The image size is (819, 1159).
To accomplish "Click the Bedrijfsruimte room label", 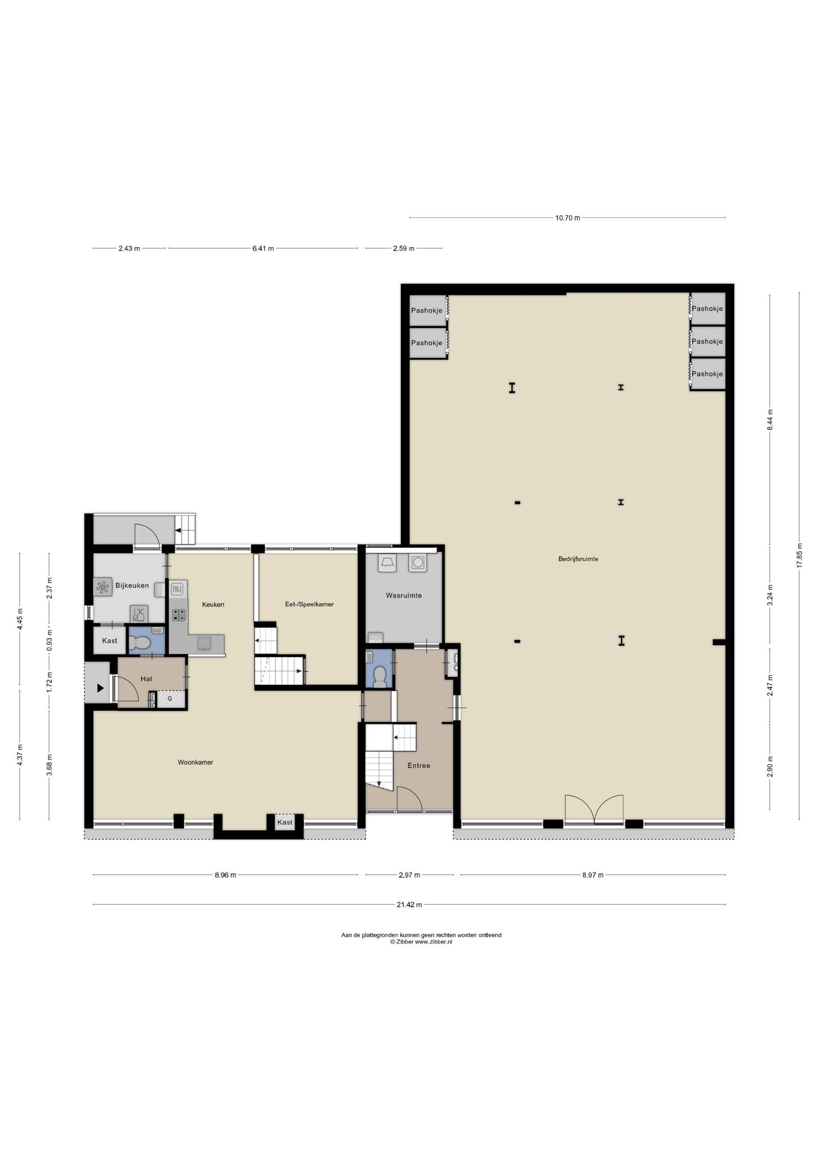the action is tap(578, 559).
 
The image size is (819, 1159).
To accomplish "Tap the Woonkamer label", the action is tap(195, 762).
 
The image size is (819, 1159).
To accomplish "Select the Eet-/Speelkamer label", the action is tap(309, 604).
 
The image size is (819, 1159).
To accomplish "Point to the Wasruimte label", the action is tap(404, 595).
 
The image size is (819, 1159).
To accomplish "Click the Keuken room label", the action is tap(213, 604).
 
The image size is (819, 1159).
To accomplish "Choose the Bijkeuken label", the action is tap(132, 586).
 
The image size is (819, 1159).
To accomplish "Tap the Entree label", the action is tap(419, 766).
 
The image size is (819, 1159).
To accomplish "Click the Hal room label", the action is tap(146, 679).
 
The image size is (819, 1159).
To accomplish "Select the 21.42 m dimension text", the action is tap(409, 905).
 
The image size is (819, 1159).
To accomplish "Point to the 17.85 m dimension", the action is tap(799, 556).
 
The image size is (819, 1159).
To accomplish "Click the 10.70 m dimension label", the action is tap(567, 218).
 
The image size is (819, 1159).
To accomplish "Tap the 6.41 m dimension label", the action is tap(263, 248).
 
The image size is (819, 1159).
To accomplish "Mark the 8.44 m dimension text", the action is tap(770, 420).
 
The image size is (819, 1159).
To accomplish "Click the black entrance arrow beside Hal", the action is tap(100, 688).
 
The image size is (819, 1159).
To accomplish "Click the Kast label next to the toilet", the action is tap(110, 641).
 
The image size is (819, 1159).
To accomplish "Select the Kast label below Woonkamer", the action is tap(285, 822).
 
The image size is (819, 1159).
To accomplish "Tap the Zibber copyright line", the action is tap(421, 942).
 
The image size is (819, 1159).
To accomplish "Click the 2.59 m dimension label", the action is tap(403, 248).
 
